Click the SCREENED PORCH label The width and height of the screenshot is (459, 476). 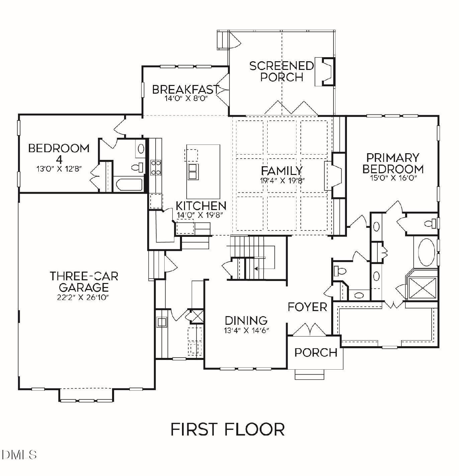click(x=281, y=71)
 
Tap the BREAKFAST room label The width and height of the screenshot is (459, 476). click(x=186, y=90)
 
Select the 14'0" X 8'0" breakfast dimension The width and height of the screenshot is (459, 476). click(x=186, y=98)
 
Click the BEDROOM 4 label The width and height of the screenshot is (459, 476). click(x=59, y=152)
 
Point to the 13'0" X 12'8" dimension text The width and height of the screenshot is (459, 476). click(x=59, y=169)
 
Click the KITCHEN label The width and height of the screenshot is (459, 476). click(x=201, y=206)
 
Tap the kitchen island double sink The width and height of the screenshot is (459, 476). click(x=193, y=172)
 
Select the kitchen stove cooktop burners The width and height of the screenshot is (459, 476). click(x=156, y=168)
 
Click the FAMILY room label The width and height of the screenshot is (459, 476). click(x=282, y=171)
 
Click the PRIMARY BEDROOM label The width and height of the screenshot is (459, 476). click(x=393, y=163)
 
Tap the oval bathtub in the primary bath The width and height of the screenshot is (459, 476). click(x=425, y=252)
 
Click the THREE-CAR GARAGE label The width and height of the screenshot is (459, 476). click(x=84, y=282)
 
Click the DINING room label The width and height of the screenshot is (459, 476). click(x=246, y=320)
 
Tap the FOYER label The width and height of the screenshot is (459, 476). click(x=307, y=307)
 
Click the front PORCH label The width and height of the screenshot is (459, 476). click(x=315, y=352)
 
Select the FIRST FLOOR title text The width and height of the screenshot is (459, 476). click(x=227, y=429)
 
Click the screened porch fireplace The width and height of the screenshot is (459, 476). click(x=325, y=72)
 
